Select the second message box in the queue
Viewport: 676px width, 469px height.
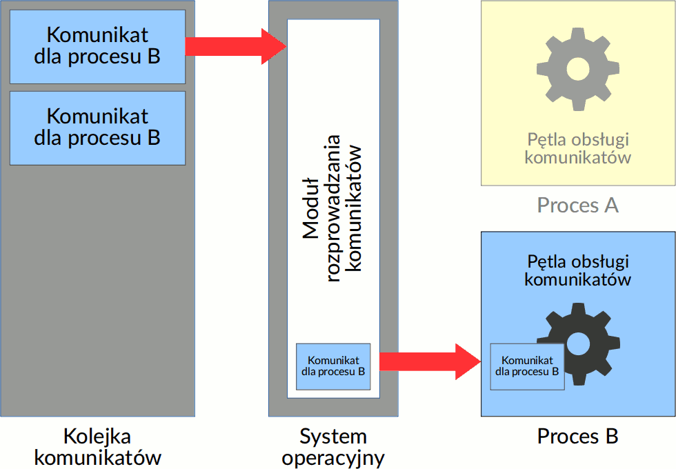97,128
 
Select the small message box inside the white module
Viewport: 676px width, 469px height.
333,366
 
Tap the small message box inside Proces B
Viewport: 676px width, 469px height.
527,366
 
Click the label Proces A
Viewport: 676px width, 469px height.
577,205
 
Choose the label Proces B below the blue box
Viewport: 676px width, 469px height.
577,437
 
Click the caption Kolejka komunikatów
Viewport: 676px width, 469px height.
97,447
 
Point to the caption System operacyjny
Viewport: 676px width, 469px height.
333,447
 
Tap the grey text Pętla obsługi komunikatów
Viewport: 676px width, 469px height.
577,148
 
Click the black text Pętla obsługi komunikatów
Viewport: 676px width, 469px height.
577,270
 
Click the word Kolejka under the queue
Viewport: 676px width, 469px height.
97,437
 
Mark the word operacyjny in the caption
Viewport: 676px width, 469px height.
333,458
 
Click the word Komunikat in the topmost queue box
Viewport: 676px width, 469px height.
97,34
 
